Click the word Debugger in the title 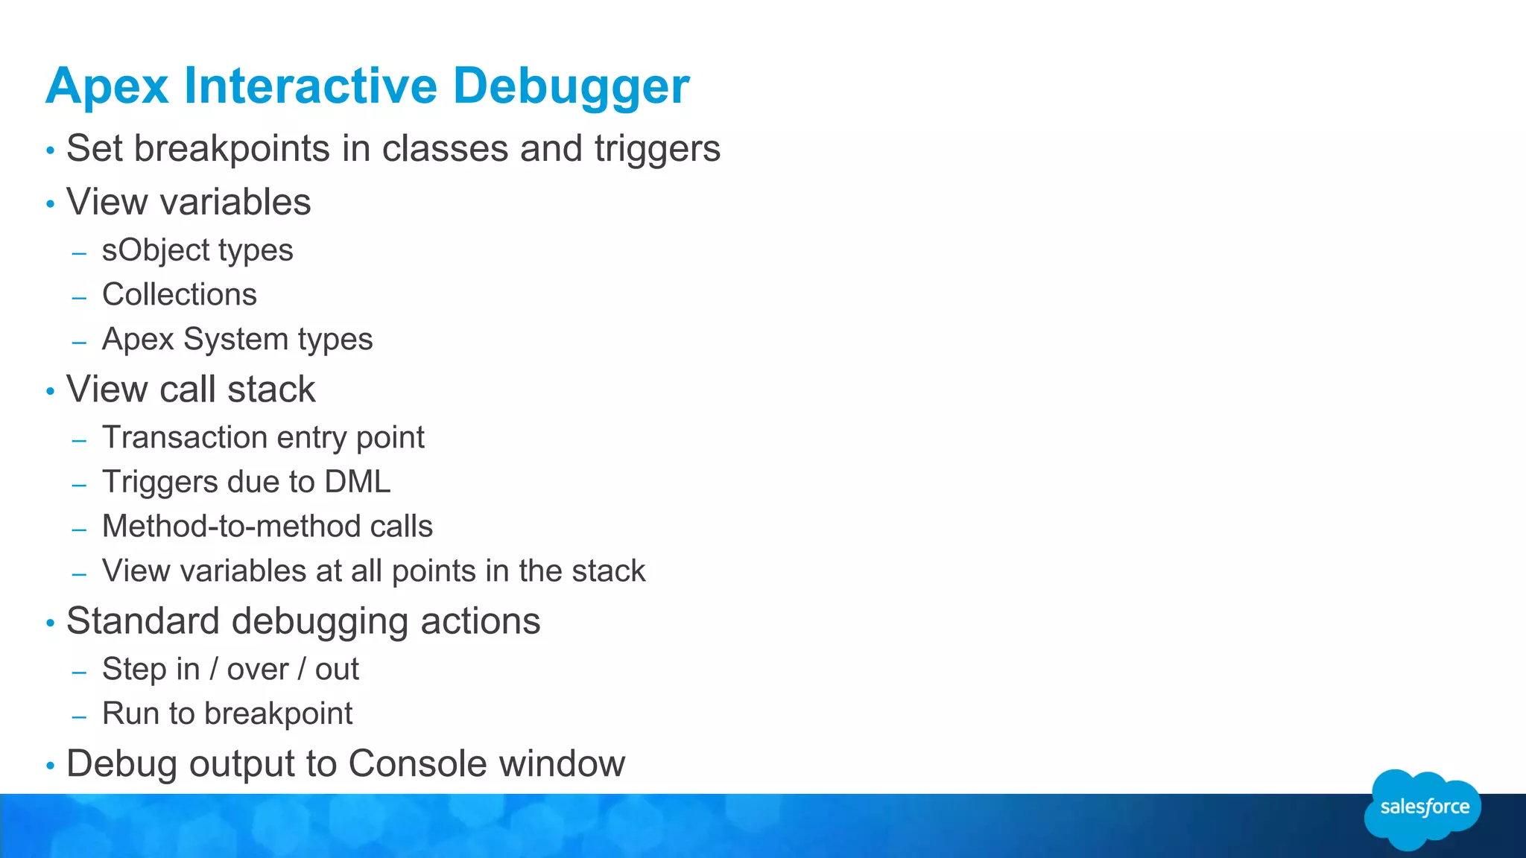coord(571,86)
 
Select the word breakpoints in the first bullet coord(232,148)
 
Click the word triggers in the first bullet coord(657,148)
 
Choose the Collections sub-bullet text coord(180,294)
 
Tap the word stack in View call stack coord(271,389)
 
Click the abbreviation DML coord(358,482)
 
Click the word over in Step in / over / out coord(258,669)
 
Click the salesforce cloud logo coord(1422,808)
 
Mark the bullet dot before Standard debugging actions coord(50,623)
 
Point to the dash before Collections coord(80,297)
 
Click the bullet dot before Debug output coord(50,765)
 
